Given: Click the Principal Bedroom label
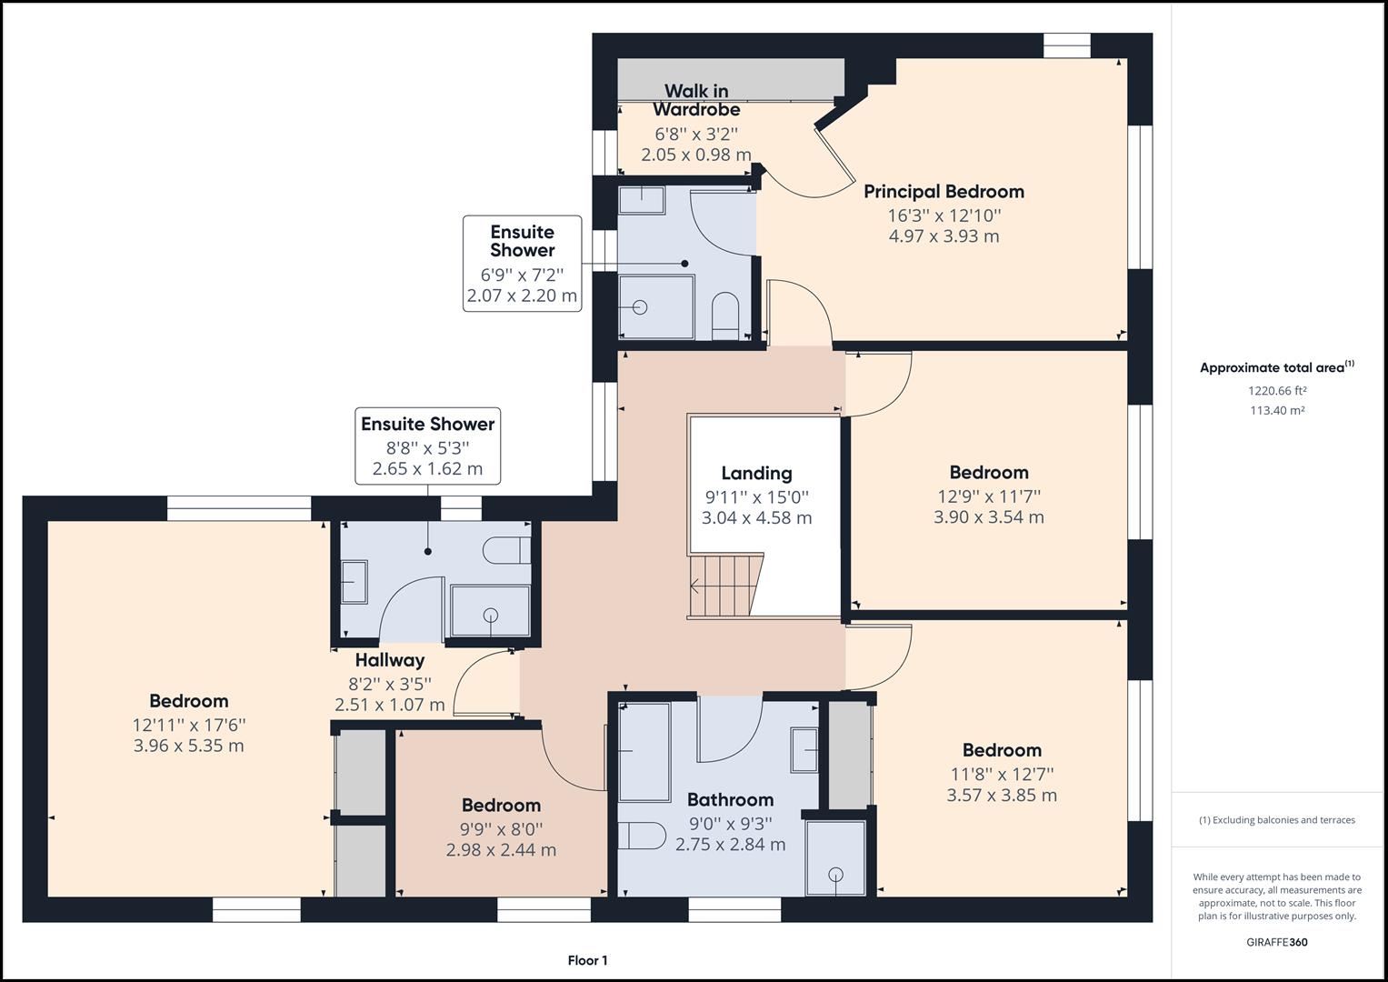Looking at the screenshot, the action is pyautogui.click(x=944, y=192).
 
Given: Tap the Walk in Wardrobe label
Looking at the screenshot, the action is pyautogui.click(x=696, y=100).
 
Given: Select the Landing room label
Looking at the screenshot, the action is pyautogui.click(x=756, y=474).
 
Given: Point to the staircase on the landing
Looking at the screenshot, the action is pyautogui.click(x=725, y=586).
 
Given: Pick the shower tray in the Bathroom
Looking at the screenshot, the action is pyautogui.click(x=835, y=858).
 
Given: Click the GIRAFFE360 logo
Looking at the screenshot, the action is pyautogui.click(x=1277, y=942).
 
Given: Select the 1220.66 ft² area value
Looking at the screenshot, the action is pyautogui.click(x=1277, y=391).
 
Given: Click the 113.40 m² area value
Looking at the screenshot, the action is pyautogui.click(x=1277, y=410).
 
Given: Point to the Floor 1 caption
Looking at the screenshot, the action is pyautogui.click(x=587, y=960).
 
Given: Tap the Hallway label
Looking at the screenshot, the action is pyautogui.click(x=390, y=660).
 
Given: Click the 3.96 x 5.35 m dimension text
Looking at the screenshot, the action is pyautogui.click(x=189, y=746).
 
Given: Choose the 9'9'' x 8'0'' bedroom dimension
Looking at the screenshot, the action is pyautogui.click(x=501, y=829).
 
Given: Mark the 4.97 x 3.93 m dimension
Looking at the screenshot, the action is pyautogui.click(x=944, y=236).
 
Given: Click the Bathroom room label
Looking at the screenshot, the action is pyautogui.click(x=731, y=800).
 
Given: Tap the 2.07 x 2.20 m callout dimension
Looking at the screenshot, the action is pyautogui.click(x=522, y=296).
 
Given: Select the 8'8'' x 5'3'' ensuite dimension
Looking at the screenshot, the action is pyautogui.click(x=427, y=447).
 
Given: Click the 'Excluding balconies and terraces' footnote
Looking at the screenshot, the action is pyautogui.click(x=1277, y=820).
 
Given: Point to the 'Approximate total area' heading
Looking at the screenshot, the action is pyautogui.click(x=1277, y=367).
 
